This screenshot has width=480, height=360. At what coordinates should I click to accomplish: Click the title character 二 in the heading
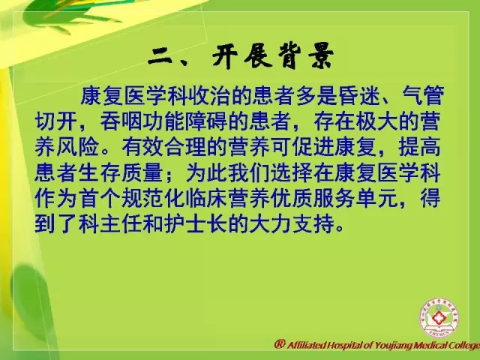(160, 58)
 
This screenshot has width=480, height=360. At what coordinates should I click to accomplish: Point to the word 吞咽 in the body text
(121, 121)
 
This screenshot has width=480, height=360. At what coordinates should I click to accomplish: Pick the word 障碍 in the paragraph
(207, 121)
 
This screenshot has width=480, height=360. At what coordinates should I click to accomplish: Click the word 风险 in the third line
(77, 147)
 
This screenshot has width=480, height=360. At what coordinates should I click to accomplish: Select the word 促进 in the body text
(313, 147)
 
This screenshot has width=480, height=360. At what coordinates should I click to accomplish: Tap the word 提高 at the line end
(419, 147)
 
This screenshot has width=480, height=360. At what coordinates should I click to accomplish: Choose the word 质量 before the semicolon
(142, 172)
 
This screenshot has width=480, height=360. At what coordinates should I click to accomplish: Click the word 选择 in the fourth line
(292, 172)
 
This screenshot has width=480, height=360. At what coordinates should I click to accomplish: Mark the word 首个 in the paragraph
(99, 198)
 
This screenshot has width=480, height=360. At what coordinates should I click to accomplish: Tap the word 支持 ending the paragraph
(313, 224)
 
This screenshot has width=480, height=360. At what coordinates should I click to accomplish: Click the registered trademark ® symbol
(280, 344)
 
